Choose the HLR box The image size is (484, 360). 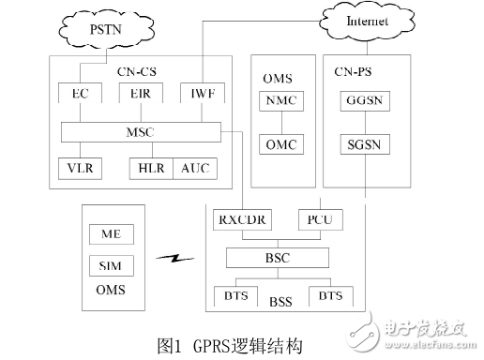point(151,168)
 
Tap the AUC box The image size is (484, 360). point(194,168)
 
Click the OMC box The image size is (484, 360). point(280,145)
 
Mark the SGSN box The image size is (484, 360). point(360,145)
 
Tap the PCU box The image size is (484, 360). point(318,220)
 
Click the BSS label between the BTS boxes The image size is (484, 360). point(279,302)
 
